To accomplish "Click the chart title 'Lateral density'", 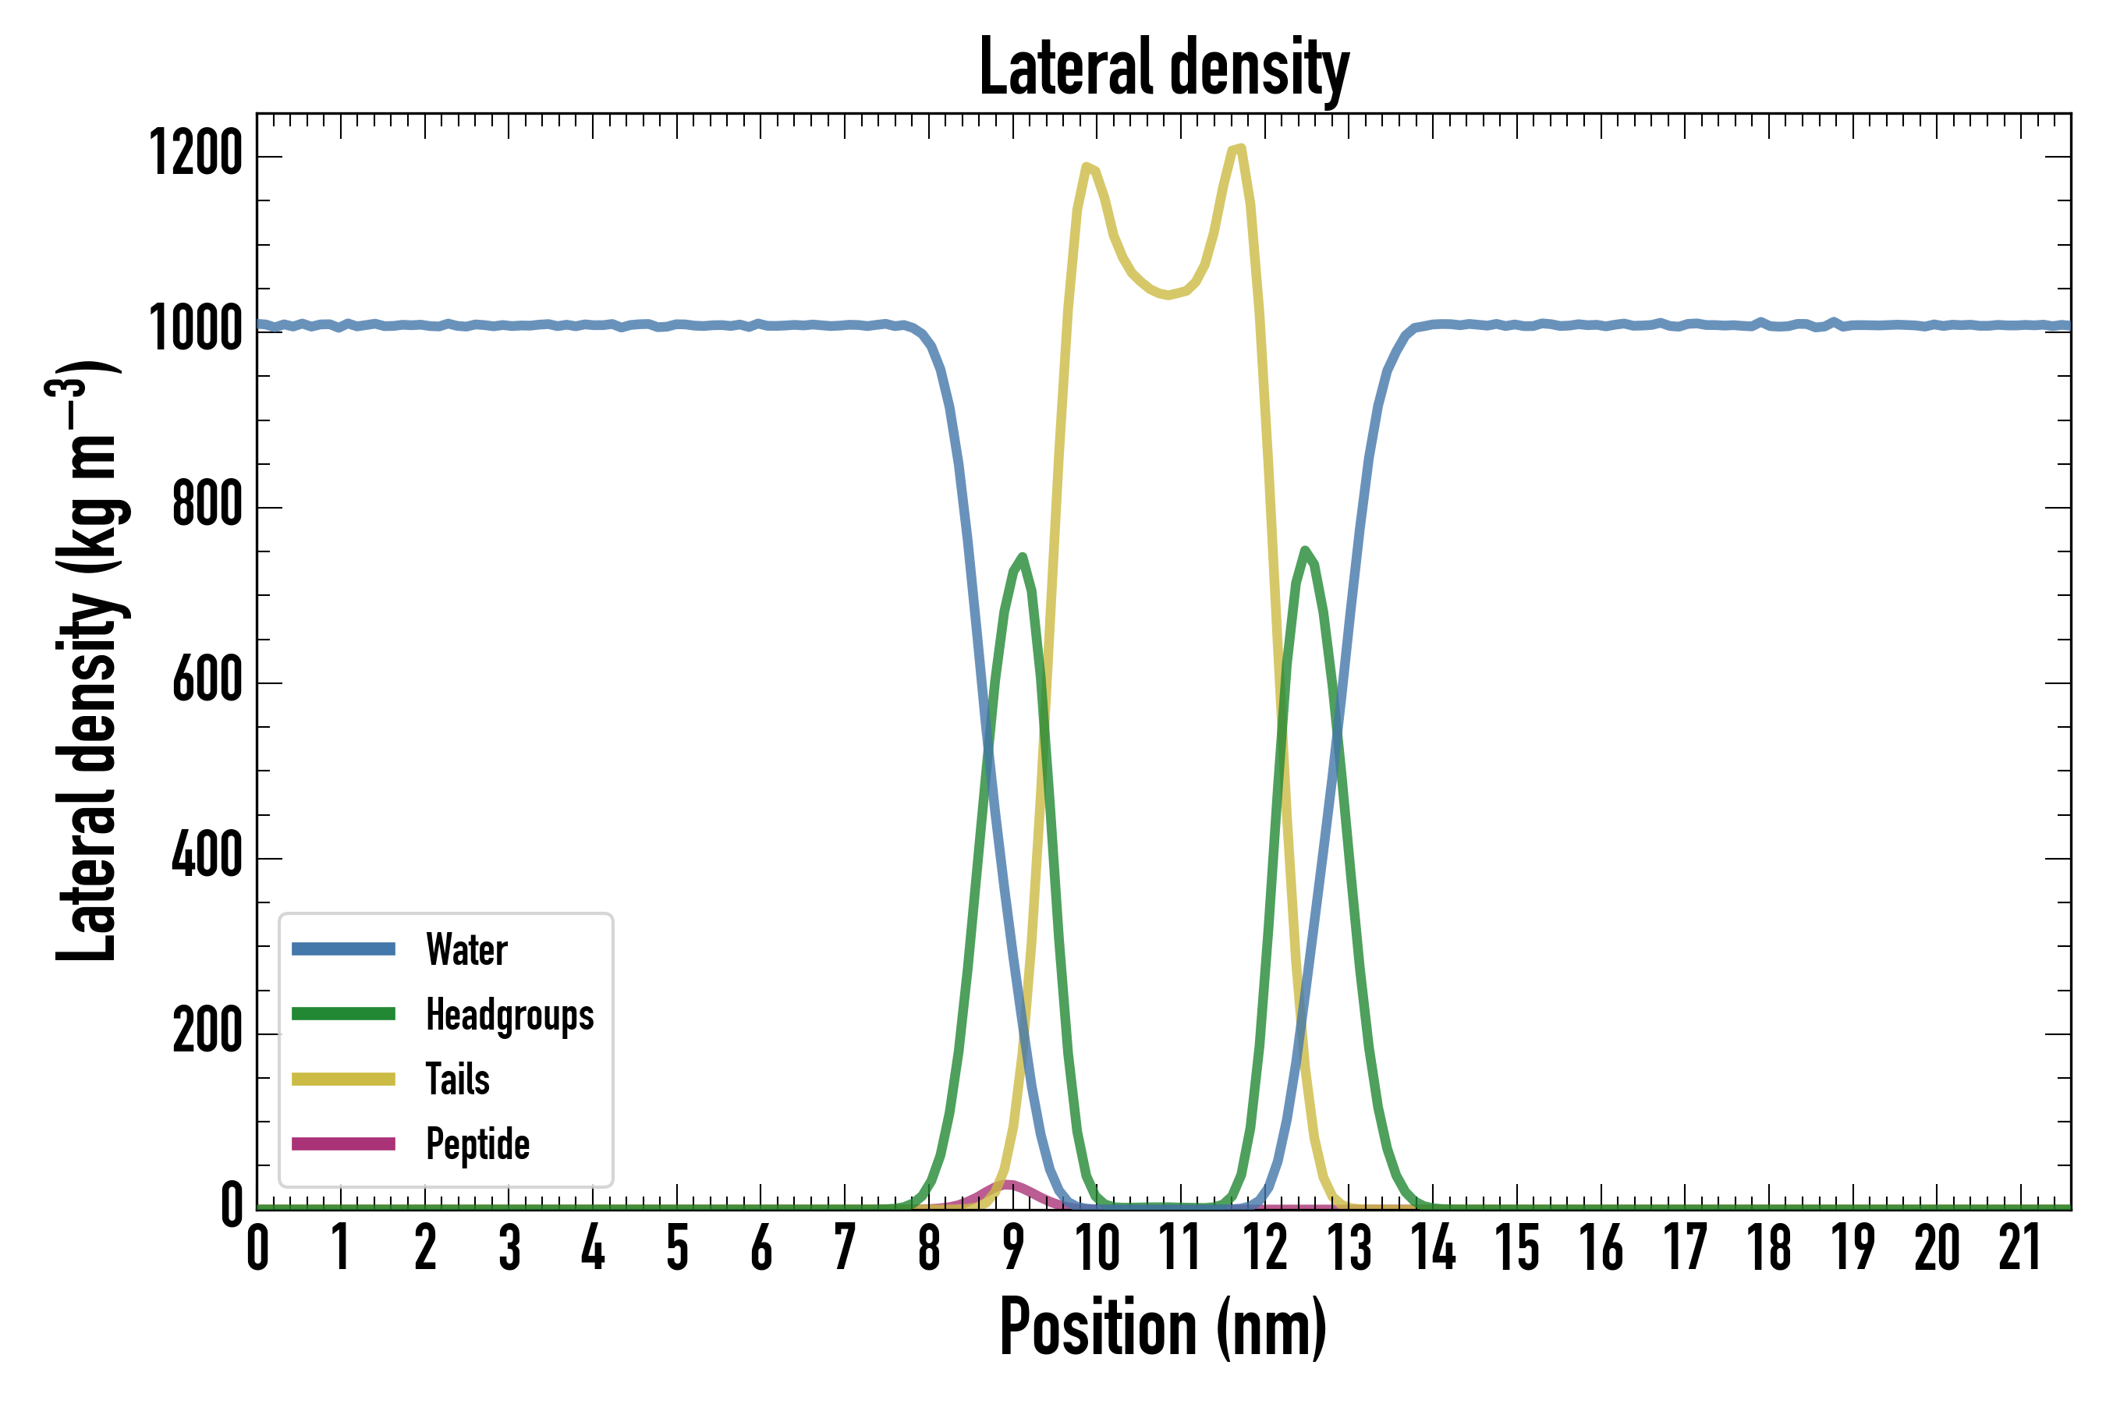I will point(1163,67).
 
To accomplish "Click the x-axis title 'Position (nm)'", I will point(1163,1326).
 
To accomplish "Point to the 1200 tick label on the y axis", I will point(196,154).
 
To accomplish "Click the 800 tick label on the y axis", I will point(207,505).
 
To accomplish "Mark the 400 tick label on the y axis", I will point(207,856).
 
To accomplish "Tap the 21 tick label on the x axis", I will point(2019,1248).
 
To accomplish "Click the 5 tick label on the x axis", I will point(677,1248).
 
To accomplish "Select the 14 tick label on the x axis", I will point(1434,1248).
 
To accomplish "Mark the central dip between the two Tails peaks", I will point(1167,295).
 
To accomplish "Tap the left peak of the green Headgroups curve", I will point(1022,557).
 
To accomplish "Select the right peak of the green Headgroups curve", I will point(1306,550).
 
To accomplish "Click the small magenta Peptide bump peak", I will point(1009,1184).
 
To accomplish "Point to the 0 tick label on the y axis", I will point(232,1205).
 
